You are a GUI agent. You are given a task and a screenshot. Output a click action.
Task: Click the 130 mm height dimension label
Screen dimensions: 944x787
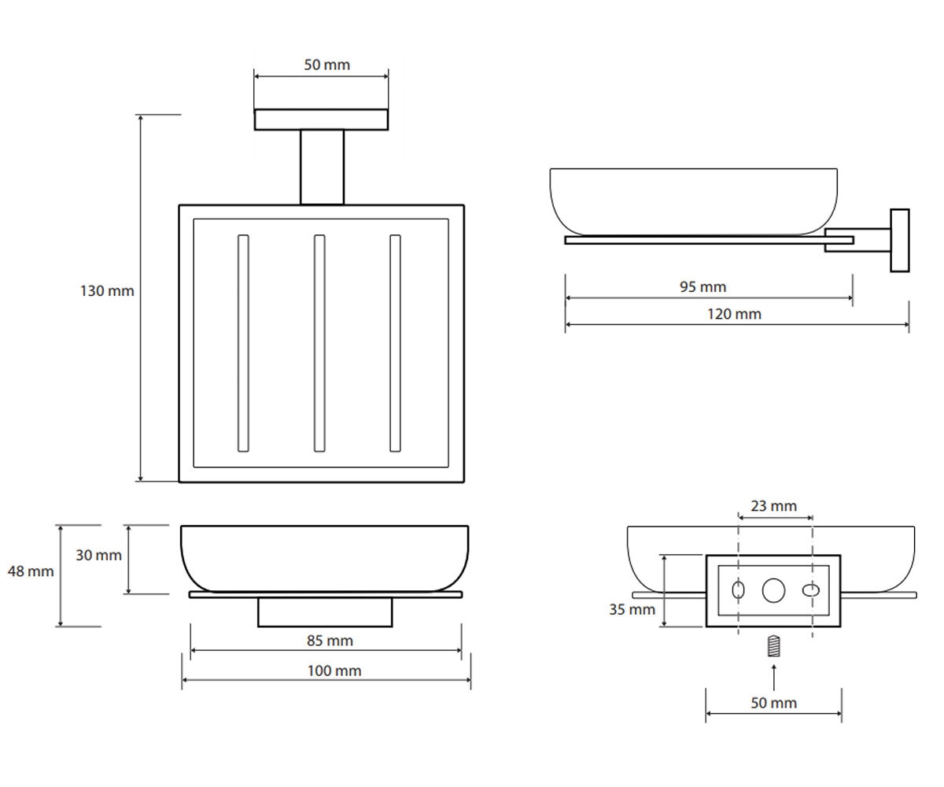[x=107, y=291]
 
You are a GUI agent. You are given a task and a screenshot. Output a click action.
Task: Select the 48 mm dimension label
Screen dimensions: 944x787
[x=31, y=571]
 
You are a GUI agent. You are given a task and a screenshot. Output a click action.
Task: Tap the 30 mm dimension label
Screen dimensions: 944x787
[x=98, y=555]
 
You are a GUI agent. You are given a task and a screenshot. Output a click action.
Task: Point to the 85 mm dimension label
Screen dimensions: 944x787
[x=330, y=641]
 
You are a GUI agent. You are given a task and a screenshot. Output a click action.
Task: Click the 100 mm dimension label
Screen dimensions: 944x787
[x=334, y=671]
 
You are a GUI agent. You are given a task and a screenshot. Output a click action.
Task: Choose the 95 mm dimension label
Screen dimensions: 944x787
[x=702, y=286]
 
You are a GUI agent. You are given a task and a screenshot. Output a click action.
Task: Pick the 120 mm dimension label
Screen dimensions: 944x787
[x=734, y=314]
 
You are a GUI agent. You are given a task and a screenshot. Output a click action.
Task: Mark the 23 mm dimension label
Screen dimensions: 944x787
[x=773, y=506]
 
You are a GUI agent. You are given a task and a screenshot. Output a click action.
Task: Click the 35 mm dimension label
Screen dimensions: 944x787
[x=632, y=610]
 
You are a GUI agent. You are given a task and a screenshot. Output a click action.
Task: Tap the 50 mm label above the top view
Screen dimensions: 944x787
[x=327, y=65]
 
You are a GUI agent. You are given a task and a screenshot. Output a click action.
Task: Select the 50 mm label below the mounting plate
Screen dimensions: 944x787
[x=773, y=703]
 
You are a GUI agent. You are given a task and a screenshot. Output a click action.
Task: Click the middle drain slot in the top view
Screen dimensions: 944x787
[x=319, y=343]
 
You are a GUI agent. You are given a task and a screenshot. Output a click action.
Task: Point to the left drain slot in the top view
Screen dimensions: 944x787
[x=243, y=343]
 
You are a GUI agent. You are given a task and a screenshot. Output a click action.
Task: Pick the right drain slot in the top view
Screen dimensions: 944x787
[x=395, y=343]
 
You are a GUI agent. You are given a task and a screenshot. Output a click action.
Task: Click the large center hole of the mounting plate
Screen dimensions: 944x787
[x=773, y=590]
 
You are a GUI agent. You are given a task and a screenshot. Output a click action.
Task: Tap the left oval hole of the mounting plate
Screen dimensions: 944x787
[x=738, y=589]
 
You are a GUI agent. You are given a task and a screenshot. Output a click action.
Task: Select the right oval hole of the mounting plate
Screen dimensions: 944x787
[x=810, y=590]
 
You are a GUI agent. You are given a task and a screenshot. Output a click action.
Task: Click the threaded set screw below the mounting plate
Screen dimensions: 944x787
[x=773, y=646]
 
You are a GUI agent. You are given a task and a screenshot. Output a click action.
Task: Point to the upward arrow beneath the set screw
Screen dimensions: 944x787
[x=773, y=677]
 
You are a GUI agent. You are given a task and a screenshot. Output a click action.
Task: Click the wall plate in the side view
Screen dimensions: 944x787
[x=900, y=240]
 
